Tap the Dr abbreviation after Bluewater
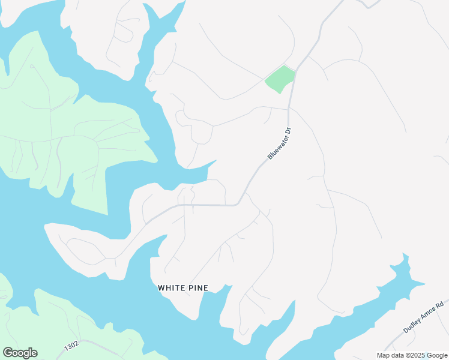click(x=288, y=130)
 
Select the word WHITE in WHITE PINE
click(x=170, y=288)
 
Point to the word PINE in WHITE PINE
click(x=197, y=288)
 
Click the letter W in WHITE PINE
click(x=161, y=288)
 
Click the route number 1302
click(x=70, y=347)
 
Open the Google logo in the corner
click(x=20, y=353)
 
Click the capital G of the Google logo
click(x=7, y=353)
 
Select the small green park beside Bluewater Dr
click(x=280, y=79)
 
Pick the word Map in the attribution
click(x=384, y=355)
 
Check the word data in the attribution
click(x=397, y=355)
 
